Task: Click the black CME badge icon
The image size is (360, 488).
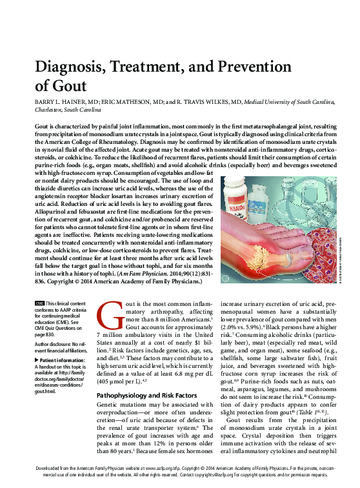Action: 39,303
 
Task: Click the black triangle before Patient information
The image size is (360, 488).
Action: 37,360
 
